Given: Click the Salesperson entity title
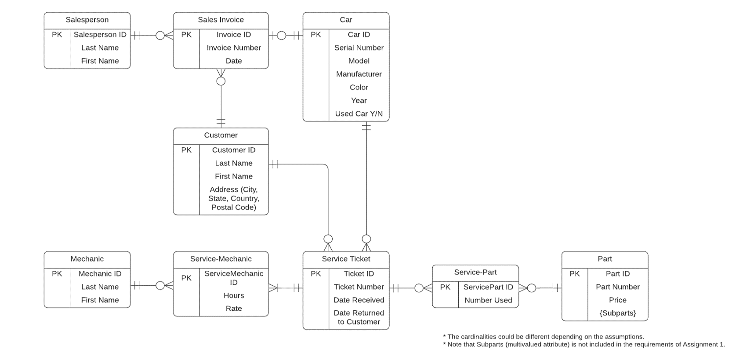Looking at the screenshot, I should [x=87, y=20].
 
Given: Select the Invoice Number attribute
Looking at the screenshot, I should [x=234, y=47].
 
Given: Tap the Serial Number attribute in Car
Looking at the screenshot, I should [x=359, y=47].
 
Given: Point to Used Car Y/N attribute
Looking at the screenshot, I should [x=359, y=113].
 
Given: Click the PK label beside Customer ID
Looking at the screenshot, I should [x=186, y=150].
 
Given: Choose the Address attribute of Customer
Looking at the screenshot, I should [x=234, y=198].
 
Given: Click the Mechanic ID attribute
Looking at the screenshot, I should [x=100, y=273].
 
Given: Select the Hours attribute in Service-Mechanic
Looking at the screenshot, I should [x=234, y=295].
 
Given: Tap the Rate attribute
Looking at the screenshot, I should [x=234, y=309].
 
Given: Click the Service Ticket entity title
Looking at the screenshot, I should [x=346, y=259].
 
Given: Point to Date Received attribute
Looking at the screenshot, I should [x=359, y=300].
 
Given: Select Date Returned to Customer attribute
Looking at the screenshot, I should [x=359, y=317].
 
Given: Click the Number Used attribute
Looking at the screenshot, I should [x=488, y=300].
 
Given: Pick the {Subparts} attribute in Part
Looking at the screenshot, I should [x=617, y=313].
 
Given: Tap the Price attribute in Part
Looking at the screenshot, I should [x=617, y=300].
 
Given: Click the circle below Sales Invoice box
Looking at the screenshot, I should [x=221, y=81].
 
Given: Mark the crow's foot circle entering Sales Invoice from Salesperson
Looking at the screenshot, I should [x=160, y=35].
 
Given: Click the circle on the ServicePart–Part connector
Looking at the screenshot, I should [x=532, y=288].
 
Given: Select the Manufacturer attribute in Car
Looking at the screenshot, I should [x=359, y=74].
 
